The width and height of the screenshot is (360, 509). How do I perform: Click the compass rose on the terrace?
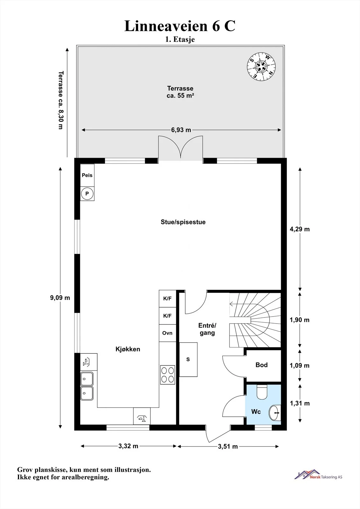point(261,67)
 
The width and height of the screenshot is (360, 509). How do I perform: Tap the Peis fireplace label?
point(87,175)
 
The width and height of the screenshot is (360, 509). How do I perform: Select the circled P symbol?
point(87,194)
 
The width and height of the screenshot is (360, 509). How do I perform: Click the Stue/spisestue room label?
point(183,222)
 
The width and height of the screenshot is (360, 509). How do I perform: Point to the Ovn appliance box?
point(167,333)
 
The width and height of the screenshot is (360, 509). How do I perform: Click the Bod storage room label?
point(262,365)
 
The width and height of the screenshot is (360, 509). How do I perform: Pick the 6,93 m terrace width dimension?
point(181,130)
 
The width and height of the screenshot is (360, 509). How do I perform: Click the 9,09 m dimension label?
point(60,298)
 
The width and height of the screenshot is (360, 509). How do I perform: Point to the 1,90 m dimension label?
point(300,320)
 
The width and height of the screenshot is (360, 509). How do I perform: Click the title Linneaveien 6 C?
point(180,26)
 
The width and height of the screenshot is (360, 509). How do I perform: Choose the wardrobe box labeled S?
point(188,359)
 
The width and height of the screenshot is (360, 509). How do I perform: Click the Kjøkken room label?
point(128,349)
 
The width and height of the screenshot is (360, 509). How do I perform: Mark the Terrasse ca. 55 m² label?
point(180,92)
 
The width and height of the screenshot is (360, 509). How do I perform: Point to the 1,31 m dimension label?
point(300,403)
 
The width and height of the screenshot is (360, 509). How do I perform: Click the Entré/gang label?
point(207,329)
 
